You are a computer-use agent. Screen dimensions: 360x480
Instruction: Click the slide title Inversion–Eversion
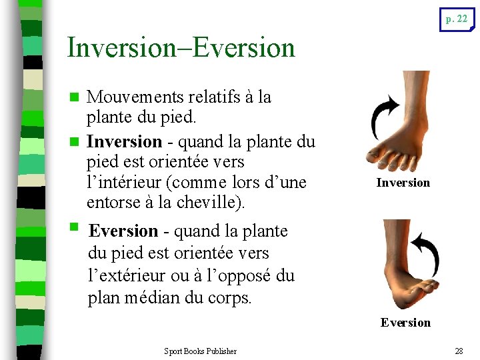[x=181, y=48]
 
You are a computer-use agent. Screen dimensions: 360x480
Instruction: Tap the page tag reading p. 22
[x=457, y=19]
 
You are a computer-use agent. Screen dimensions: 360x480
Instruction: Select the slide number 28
[x=458, y=351]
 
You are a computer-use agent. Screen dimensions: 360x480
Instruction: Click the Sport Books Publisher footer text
[x=200, y=351]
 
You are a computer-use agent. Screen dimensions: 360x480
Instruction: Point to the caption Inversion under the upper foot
[x=403, y=183]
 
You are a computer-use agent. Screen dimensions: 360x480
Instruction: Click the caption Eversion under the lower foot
[x=405, y=323]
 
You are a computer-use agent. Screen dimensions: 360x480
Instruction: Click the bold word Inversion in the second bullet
[x=125, y=142]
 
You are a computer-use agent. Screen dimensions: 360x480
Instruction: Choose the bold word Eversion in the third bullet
[x=123, y=231]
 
